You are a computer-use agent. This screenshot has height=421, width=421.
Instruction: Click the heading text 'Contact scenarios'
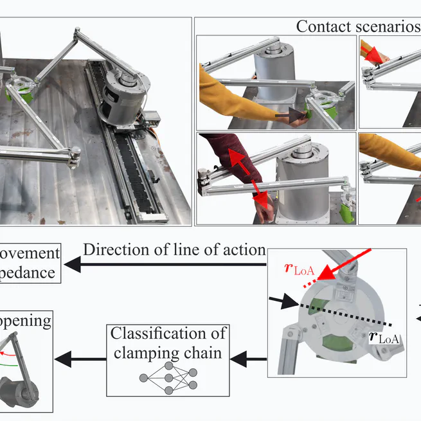click(357, 26)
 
